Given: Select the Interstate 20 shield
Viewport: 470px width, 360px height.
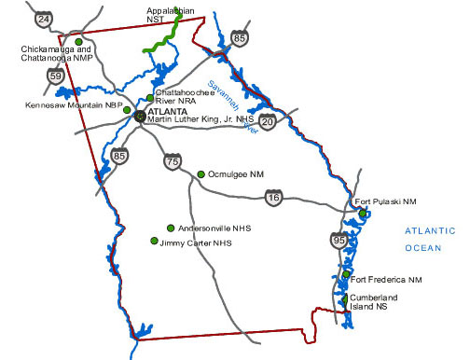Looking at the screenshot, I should point(268,121).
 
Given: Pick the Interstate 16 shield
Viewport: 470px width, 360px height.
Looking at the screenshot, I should point(273,198).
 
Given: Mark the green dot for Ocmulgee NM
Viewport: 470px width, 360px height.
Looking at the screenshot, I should point(200,173).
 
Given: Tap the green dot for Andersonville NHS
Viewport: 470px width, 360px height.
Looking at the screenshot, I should point(170,228).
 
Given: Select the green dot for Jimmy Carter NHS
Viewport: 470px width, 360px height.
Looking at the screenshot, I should point(154,241).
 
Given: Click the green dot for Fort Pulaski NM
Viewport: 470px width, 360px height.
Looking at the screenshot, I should point(362,214).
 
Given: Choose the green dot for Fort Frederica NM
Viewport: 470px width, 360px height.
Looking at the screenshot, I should point(345,276).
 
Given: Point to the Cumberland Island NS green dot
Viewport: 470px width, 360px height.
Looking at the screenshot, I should point(345,298).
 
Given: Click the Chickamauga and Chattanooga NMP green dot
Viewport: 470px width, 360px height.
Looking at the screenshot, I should point(78,42).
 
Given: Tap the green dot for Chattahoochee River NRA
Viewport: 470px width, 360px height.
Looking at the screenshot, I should point(150,98).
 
